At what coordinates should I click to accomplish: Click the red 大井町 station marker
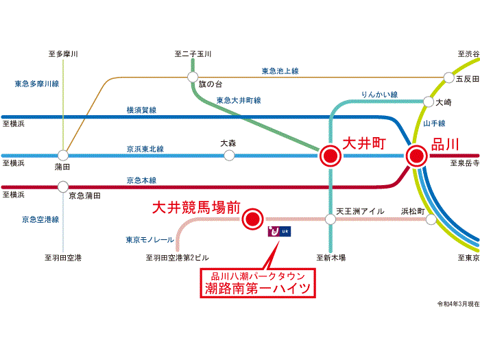pos(330,156)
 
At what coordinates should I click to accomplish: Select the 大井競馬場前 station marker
pos(253,219)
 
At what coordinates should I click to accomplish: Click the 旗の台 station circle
pos(193,77)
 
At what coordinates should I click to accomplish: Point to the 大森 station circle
pos(229,156)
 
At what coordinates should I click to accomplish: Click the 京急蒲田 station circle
pos(63,186)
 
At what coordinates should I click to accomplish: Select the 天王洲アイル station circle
pos(330,219)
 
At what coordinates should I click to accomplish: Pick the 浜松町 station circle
pos(431,219)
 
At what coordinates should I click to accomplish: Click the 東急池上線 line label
pos(280,71)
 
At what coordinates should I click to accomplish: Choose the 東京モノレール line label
pos(149,240)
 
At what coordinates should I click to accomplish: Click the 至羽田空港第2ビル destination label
pos(177,258)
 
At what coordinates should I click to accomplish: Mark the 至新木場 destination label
pos(331,258)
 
